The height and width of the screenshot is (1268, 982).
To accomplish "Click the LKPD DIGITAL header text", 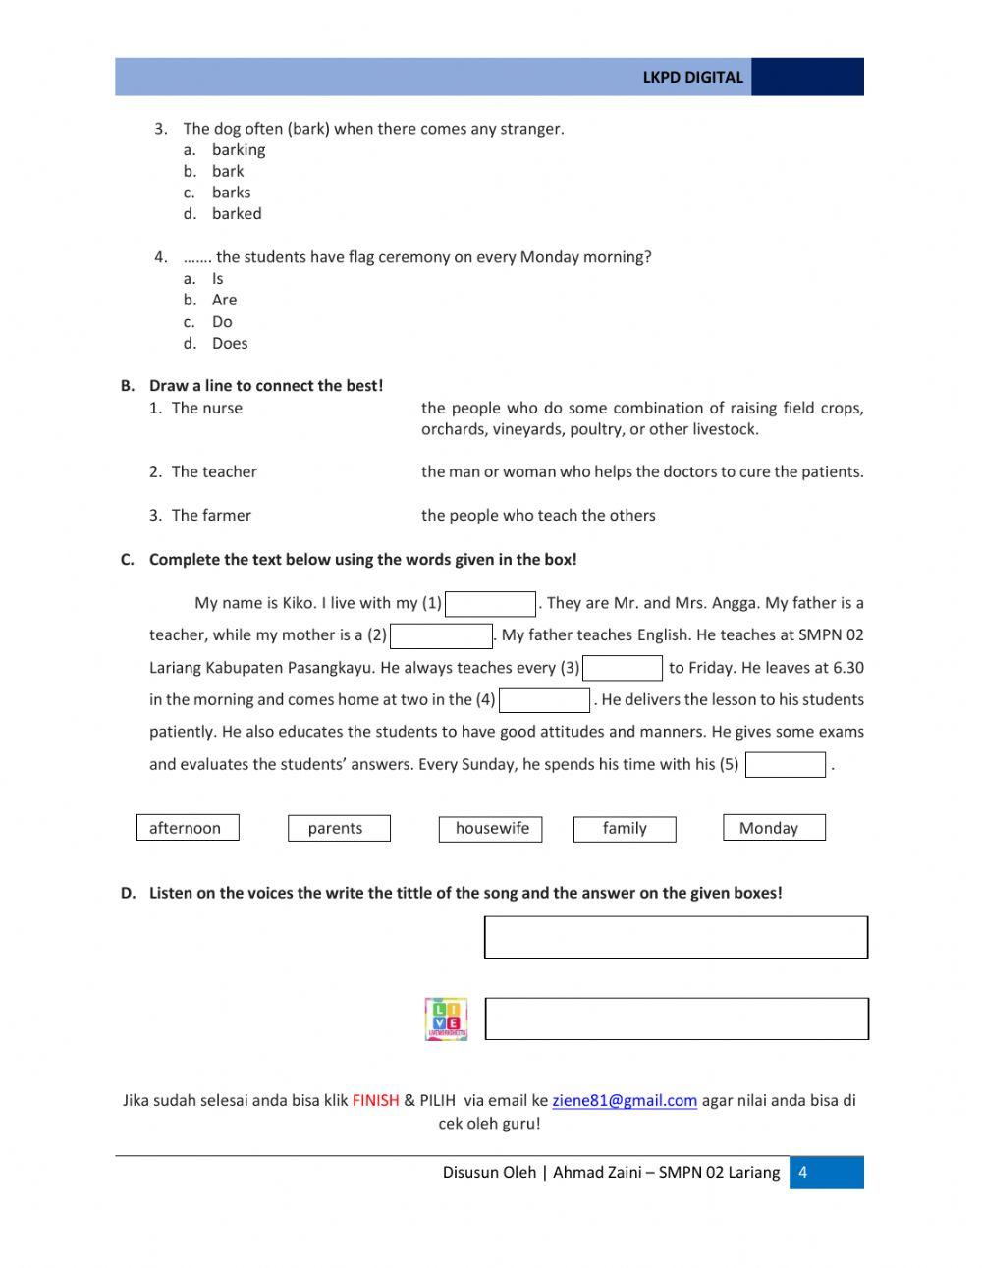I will click(692, 78).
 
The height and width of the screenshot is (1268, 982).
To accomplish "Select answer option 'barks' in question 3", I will click(231, 193).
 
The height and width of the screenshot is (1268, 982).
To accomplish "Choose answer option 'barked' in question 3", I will click(237, 214).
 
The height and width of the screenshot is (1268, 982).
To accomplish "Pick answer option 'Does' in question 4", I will click(230, 344).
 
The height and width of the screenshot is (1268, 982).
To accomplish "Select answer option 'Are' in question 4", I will click(224, 301).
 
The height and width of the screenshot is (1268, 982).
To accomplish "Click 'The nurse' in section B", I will click(206, 409).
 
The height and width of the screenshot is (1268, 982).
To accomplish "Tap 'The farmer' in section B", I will click(210, 516).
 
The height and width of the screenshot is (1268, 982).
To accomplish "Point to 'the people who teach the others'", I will click(538, 516).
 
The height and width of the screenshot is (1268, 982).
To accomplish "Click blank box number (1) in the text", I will click(490, 604).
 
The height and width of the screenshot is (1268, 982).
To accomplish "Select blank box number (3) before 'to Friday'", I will click(623, 669).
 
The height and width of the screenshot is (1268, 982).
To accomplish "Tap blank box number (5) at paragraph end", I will click(785, 765).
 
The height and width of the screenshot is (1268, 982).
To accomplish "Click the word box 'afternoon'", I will click(187, 828).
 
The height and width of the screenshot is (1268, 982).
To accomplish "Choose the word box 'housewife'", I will click(491, 829).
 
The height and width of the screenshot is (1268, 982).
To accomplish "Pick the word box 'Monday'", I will click(773, 828).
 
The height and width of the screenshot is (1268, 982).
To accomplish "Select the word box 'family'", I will click(625, 829).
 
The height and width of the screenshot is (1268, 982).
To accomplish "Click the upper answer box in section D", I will click(676, 937).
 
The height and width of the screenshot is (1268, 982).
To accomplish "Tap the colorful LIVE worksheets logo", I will click(446, 1020).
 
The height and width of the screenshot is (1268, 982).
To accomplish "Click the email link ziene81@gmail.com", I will click(625, 1101).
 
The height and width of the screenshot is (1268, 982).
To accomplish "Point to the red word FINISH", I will click(375, 1101).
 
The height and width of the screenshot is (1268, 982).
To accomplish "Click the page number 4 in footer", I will click(803, 1173).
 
